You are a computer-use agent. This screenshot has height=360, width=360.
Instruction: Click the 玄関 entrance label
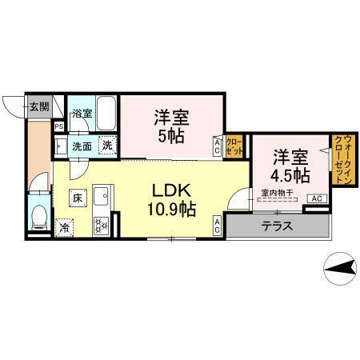tap(38, 106)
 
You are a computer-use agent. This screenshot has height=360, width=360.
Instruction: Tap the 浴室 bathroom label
tap(82, 114)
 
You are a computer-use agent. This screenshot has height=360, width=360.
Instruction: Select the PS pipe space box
tap(58, 126)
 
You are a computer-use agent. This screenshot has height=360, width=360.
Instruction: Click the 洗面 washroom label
tap(82, 146)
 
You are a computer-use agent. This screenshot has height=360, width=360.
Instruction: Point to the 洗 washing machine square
tap(106, 146)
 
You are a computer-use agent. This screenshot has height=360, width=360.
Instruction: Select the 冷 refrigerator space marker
tap(63, 226)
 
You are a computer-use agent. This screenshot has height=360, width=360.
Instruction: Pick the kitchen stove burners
tap(102, 224)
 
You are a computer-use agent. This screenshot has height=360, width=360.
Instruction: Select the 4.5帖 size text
tap(290, 174)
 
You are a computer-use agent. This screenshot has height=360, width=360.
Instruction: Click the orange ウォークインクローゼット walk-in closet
tap(342, 160)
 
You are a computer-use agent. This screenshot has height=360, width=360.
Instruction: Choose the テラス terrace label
tap(277, 226)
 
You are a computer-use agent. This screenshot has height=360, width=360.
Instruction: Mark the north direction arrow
tap(339, 263)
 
